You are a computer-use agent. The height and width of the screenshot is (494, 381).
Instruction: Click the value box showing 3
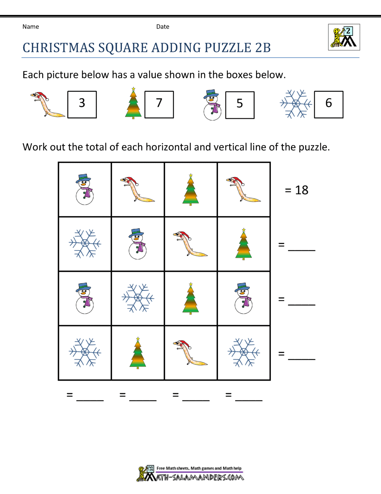click(82, 104)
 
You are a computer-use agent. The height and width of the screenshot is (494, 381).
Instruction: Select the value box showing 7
click(159, 104)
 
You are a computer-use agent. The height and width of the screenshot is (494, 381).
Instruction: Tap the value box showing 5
click(240, 105)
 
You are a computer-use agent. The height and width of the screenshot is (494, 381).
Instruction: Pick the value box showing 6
click(328, 104)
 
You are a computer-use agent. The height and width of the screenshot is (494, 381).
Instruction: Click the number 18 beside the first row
click(301, 190)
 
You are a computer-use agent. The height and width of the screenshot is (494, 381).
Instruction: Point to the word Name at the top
click(30, 27)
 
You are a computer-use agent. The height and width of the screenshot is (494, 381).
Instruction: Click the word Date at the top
click(163, 27)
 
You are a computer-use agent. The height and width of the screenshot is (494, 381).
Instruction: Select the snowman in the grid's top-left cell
click(85, 190)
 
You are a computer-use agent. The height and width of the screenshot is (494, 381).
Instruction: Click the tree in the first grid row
click(190, 190)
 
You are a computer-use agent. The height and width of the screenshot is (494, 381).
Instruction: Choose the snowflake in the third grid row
click(138, 298)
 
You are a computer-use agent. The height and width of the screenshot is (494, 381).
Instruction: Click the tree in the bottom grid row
click(138, 353)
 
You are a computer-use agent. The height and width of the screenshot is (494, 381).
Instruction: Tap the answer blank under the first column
click(90, 397)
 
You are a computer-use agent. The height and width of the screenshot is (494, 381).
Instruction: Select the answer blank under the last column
click(249, 397)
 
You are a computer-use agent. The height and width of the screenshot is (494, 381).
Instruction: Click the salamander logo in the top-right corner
click(344, 37)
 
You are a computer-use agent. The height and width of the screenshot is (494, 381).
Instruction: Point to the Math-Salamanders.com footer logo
click(190, 474)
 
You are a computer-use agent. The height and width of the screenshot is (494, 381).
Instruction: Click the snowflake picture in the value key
click(296, 104)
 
